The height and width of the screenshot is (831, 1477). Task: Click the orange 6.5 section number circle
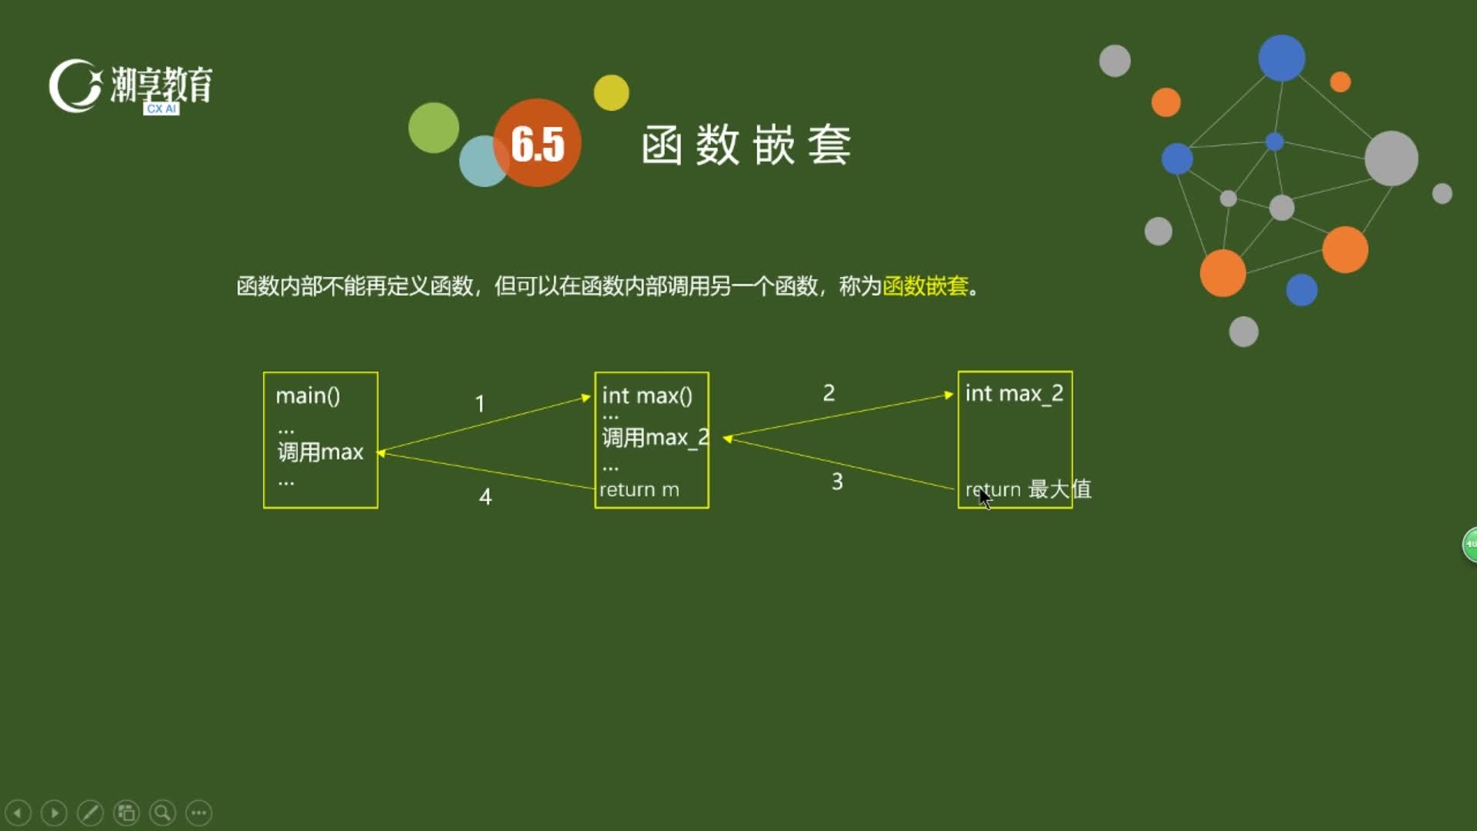pos(537,142)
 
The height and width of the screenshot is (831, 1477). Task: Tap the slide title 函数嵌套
pos(746,145)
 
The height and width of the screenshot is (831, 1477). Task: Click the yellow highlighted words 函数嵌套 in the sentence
pos(925,286)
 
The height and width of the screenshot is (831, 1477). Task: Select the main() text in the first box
pos(308,395)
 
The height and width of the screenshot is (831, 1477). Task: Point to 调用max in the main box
pos(320,452)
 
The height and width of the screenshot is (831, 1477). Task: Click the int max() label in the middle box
pos(647,395)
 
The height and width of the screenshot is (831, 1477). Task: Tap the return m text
pos(639,489)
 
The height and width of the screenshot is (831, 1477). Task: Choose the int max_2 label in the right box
pos(1014,394)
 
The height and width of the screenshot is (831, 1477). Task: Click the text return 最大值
pos(1029,489)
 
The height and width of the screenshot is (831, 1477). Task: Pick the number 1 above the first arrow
pos(480,404)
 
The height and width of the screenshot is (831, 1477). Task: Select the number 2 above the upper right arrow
pos(829,393)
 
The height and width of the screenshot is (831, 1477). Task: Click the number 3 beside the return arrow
pos(837,482)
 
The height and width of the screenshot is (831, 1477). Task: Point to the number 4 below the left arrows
pos(485,496)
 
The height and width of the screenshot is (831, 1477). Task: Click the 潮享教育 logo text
pos(162,84)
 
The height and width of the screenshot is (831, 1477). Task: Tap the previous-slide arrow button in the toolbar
pos(18,813)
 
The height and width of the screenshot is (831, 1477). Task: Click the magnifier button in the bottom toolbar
pos(162,813)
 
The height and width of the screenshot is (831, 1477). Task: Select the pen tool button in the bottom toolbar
pos(90,813)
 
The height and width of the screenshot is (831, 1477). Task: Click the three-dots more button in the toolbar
pos(198,813)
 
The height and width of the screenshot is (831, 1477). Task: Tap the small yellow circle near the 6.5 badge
pos(612,92)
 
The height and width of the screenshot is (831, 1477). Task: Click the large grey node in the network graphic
pos(1391,159)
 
